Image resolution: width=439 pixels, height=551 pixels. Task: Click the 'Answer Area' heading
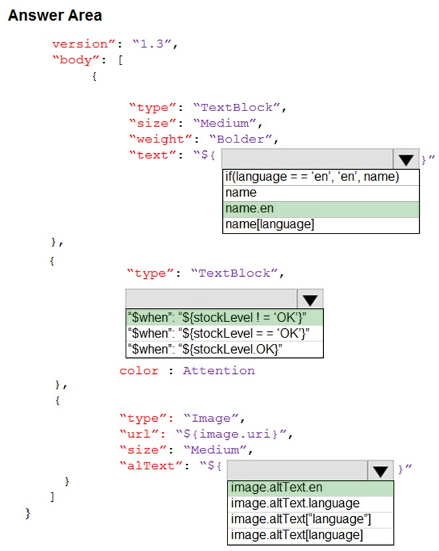[x=55, y=15]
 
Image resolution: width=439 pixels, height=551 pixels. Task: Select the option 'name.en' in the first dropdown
[x=321, y=209]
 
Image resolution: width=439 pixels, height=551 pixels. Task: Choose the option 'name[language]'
[x=321, y=224]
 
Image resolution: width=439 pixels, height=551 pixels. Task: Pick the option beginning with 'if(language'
[x=321, y=177]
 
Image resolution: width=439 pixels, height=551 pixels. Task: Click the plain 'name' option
[x=321, y=193]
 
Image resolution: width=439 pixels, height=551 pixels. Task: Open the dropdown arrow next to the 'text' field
[x=406, y=160]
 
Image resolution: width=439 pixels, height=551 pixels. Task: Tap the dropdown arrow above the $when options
[x=310, y=299]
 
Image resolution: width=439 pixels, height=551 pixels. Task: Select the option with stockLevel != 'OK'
[x=224, y=317]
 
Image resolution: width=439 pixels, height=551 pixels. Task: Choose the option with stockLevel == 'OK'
[x=224, y=333]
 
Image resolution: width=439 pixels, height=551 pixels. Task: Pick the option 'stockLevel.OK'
[x=224, y=349]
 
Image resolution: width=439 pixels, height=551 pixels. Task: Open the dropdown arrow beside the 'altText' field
[x=380, y=470]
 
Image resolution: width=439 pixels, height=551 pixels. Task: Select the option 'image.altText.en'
[x=311, y=488]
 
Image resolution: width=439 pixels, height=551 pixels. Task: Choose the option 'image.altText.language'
[x=311, y=504]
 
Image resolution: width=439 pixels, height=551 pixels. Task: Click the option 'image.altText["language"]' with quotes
[x=311, y=520]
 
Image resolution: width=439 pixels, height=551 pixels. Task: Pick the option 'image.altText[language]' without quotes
[x=311, y=536]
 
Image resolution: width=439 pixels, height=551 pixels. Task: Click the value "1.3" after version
[x=152, y=44]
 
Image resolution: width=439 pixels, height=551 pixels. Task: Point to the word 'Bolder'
[x=240, y=139]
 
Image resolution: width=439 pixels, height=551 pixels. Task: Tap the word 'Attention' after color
[x=219, y=371]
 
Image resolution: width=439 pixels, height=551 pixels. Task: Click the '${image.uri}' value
[x=231, y=435]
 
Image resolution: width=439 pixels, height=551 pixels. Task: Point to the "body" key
[x=76, y=60]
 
